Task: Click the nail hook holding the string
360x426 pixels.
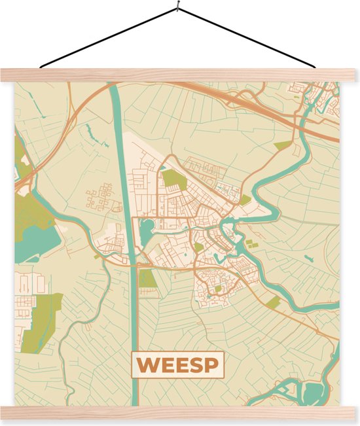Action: pyautogui.click(x=177, y=9)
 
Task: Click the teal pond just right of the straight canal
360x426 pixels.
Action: pyautogui.click(x=146, y=227)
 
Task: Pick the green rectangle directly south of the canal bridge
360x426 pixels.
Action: pyautogui.click(x=147, y=279)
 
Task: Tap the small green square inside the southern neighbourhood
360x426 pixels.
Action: pyautogui.click(x=218, y=288)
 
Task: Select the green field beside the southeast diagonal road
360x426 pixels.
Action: pyautogui.click(x=274, y=302)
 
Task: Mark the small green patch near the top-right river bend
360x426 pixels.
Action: pyautogui.click(x=282, y=145)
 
